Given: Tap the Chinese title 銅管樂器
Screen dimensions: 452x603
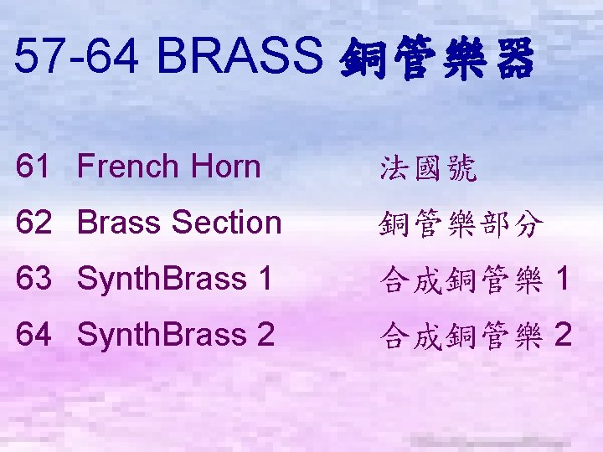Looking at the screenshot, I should click(435, 60).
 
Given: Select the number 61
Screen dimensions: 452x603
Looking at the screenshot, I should click(33, 167).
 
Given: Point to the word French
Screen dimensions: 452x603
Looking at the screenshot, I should click(128, 167).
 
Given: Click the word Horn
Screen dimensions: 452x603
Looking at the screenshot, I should click(224, 167).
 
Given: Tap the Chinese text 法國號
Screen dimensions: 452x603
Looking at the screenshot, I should click(428, 169).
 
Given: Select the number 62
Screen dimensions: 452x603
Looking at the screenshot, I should click(33, 223).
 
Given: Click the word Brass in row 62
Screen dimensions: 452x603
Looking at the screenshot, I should click(120, 223).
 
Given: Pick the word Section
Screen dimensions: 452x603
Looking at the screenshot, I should click(225, 223).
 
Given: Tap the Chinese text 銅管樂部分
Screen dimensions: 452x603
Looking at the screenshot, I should click(461, 225).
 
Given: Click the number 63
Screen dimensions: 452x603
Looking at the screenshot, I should click(33, 279).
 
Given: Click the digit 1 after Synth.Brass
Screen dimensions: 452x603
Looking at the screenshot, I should click(265, 279).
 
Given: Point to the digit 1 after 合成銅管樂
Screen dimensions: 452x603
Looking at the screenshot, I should click(563, 280).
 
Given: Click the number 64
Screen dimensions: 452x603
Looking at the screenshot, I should click(33, 335).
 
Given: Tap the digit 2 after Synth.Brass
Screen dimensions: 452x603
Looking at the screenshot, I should click(265, 335).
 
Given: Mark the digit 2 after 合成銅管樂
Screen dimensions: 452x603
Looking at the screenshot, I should click(563, 336).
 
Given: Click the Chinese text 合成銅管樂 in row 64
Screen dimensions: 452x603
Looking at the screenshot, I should click(461, 337).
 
